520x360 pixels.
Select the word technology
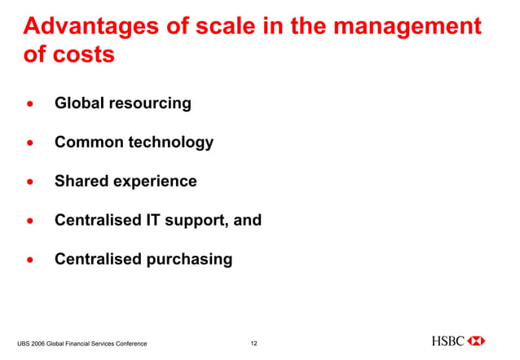(x=172, y=143)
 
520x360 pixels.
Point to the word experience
(x=156, y=182)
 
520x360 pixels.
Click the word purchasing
(x=188, y=260)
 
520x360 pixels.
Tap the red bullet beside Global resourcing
(x=30, y=104)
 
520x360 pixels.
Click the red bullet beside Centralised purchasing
(x=30, y=261)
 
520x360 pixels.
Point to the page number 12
(x=253, y=345)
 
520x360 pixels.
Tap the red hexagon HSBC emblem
(x=478, y=340)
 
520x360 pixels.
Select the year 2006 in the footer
(x=42, y=345)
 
